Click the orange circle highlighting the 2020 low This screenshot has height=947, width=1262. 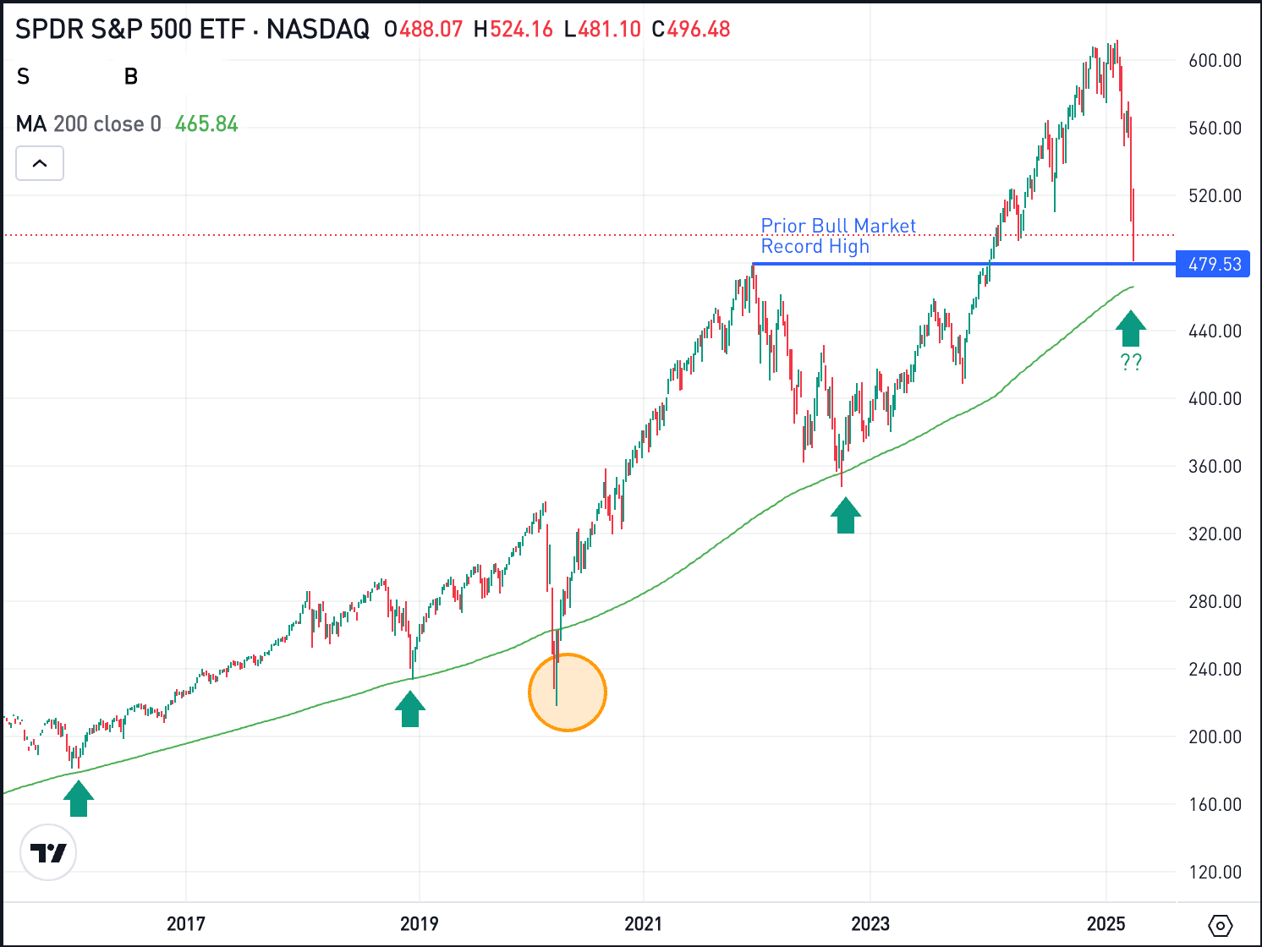click(x=568, y=692)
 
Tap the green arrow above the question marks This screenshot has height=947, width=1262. click(x=1131, y=329)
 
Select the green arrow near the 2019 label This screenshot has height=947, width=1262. click(x=410, y=709)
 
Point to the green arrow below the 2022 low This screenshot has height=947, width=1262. click(x=846, y=515)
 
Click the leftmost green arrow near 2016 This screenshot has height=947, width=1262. click(x=79, y=798)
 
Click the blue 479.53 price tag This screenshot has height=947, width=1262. click(x=1214, y=265)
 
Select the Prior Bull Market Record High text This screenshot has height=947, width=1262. click(x=837, y=236)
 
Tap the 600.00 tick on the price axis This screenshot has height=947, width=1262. click(x=1215, y=61)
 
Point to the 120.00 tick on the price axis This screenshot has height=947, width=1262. click(x=1215, y=873)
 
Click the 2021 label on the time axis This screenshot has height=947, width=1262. click(x=643, y=923)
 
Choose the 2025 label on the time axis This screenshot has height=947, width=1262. click(x=1106, y=923)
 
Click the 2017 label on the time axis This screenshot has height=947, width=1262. click(x=185, y=923)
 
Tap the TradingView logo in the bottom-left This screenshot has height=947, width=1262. click(x=48, y=852)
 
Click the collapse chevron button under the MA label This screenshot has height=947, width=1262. click(x=40, y=164)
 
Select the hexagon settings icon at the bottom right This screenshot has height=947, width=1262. click(x=1221, y=926)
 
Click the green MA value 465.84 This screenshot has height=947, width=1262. click(x=206, y=124)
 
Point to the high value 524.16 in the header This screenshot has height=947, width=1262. click(x=521, y=30)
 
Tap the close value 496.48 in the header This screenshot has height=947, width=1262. click(x=698, y=30)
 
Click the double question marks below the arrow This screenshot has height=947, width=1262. click(x=1131, y=363)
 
